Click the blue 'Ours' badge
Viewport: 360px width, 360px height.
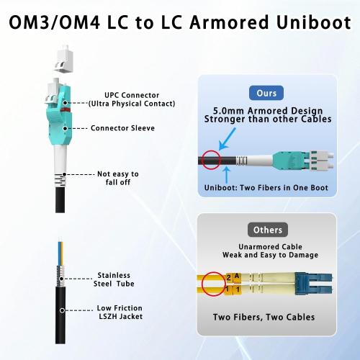[267, 93]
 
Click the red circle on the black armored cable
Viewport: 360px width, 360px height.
[211, 160]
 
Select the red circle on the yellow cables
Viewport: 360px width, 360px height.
[212, 284]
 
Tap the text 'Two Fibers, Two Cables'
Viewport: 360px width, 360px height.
[267, 318]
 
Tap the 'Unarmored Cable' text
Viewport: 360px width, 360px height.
[267, 246]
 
